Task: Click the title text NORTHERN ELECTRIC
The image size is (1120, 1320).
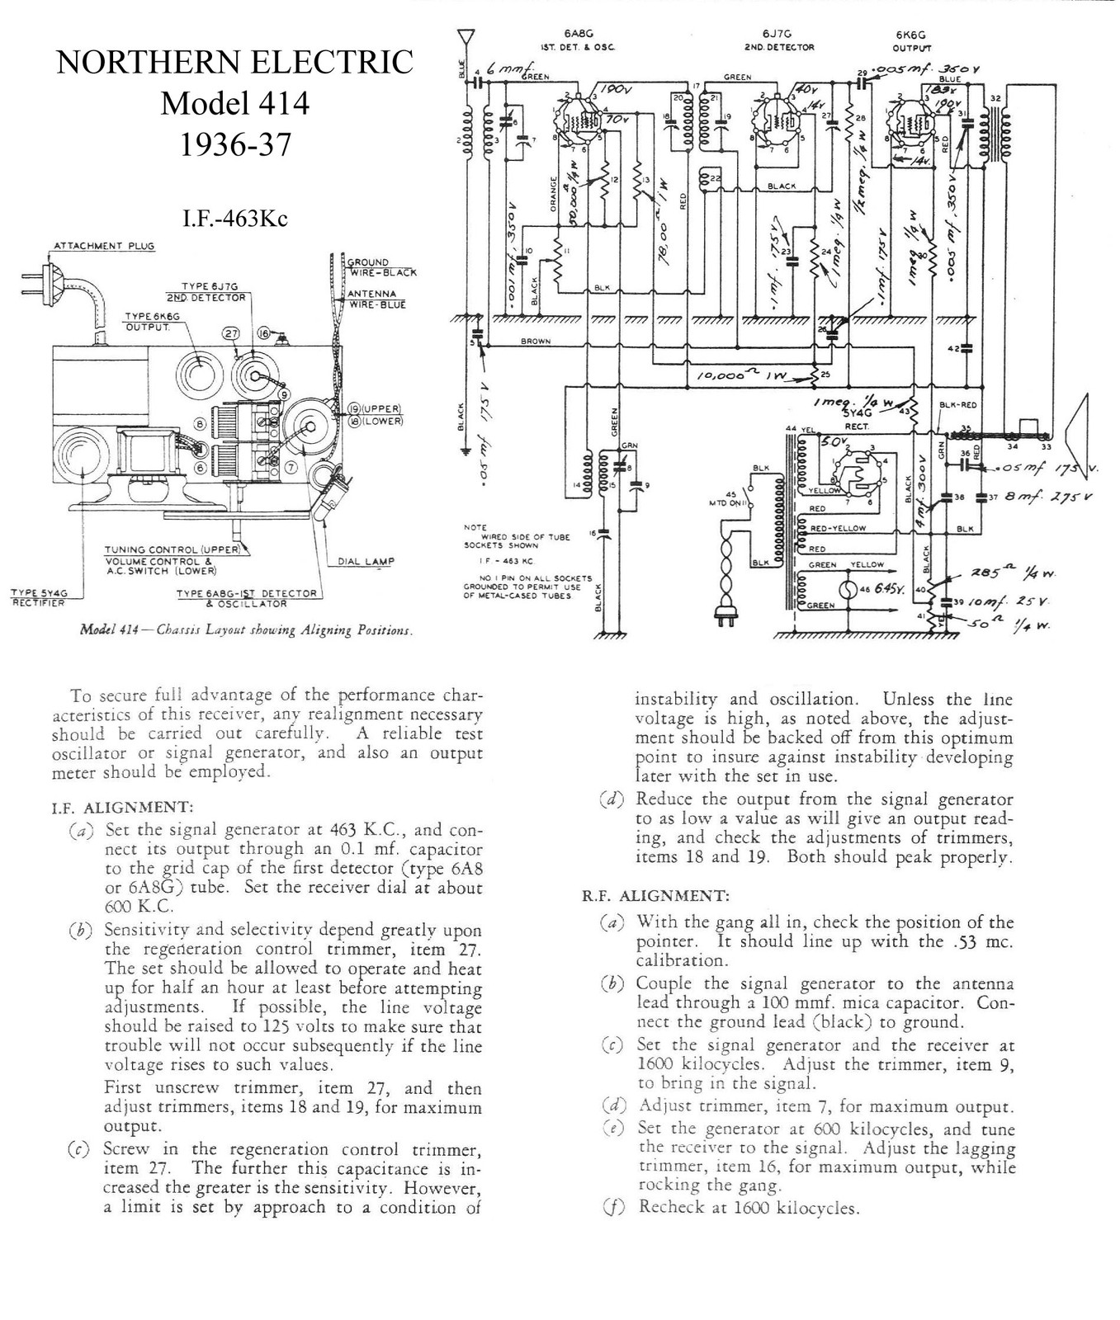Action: [234, 63]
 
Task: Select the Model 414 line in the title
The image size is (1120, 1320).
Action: [234, 104]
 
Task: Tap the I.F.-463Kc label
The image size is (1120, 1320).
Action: [235, 219]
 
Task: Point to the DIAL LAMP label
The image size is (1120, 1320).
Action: [366, 561]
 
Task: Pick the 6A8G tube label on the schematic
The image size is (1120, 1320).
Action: [574, 34]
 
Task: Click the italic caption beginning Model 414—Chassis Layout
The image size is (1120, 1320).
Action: [244, 630]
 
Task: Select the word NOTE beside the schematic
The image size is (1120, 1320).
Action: [475, 527]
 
